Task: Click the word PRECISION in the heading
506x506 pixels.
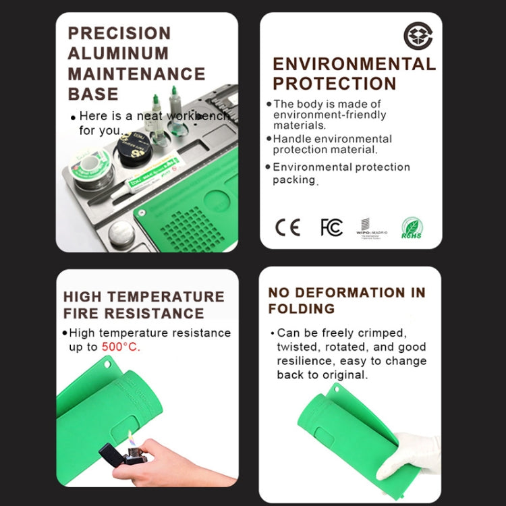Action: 119,33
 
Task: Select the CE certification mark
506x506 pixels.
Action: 287,227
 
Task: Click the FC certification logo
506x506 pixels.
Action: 331,227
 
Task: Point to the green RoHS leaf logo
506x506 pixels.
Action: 412,227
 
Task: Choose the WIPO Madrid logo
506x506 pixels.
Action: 370,228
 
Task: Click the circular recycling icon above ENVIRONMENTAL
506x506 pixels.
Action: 418,36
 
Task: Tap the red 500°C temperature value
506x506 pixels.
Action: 121,347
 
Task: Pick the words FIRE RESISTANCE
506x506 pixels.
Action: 134,313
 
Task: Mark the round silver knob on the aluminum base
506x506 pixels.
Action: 122,233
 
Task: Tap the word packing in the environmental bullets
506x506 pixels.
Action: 294,180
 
